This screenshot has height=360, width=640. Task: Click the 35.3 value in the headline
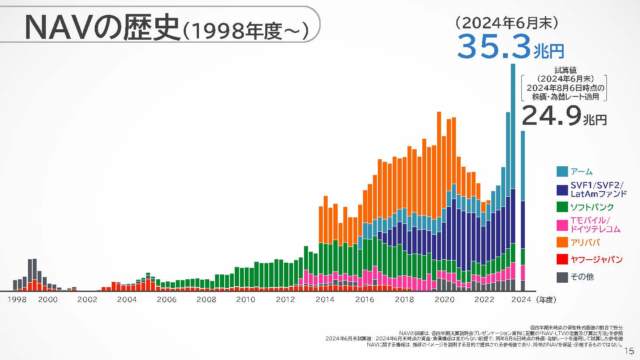tap(494, 47)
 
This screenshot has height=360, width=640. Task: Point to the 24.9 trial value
tap(551, 116)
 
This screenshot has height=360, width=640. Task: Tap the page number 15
tap(629, 351)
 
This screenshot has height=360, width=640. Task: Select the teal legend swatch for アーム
tap(562, 171)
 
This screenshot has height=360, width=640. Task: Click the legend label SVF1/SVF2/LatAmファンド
tap(598, 189)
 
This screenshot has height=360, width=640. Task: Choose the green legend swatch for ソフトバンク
tap(562, 207)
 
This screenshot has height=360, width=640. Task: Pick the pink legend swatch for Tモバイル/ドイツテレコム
tap(562, 225)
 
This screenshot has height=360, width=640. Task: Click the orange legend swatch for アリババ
tap(562, 242)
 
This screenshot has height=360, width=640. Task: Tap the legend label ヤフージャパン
tap(596, 259)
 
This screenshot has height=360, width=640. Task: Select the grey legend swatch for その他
tap(562, 277)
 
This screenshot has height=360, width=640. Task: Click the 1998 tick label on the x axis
tap(16, 299)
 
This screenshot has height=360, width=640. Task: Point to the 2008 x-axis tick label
tap(206, 299)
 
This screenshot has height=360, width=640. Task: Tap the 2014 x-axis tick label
tap(325, 299)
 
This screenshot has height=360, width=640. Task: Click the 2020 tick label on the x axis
tap(445, 299)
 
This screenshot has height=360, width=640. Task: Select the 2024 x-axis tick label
tap(521, 299)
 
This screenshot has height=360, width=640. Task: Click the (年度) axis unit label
tap(547, 299)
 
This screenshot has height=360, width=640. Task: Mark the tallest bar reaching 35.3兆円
tap(513, 175)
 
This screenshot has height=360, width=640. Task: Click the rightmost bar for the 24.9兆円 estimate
tap(523, 209)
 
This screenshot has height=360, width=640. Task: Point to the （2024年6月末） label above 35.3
tap(506, 23)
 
